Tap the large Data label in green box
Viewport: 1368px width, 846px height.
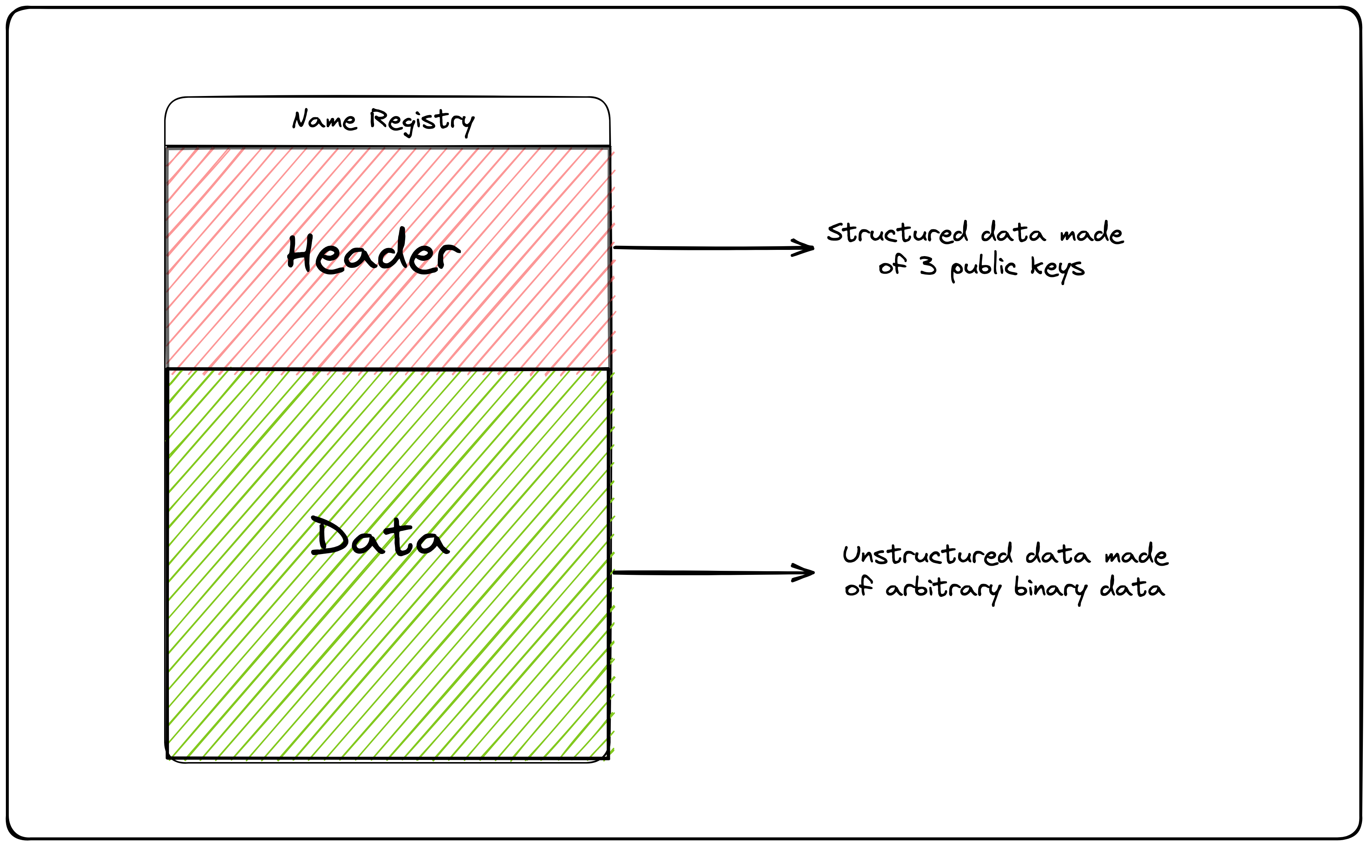[379, 538]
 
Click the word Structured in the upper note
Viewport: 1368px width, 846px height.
[897, 233]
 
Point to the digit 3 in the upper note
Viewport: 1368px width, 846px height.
[928, 265]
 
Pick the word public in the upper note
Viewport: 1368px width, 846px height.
[983, 267]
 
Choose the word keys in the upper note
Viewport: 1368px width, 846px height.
[1057, 267]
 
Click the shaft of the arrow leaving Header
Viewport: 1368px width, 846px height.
[705, 248]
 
